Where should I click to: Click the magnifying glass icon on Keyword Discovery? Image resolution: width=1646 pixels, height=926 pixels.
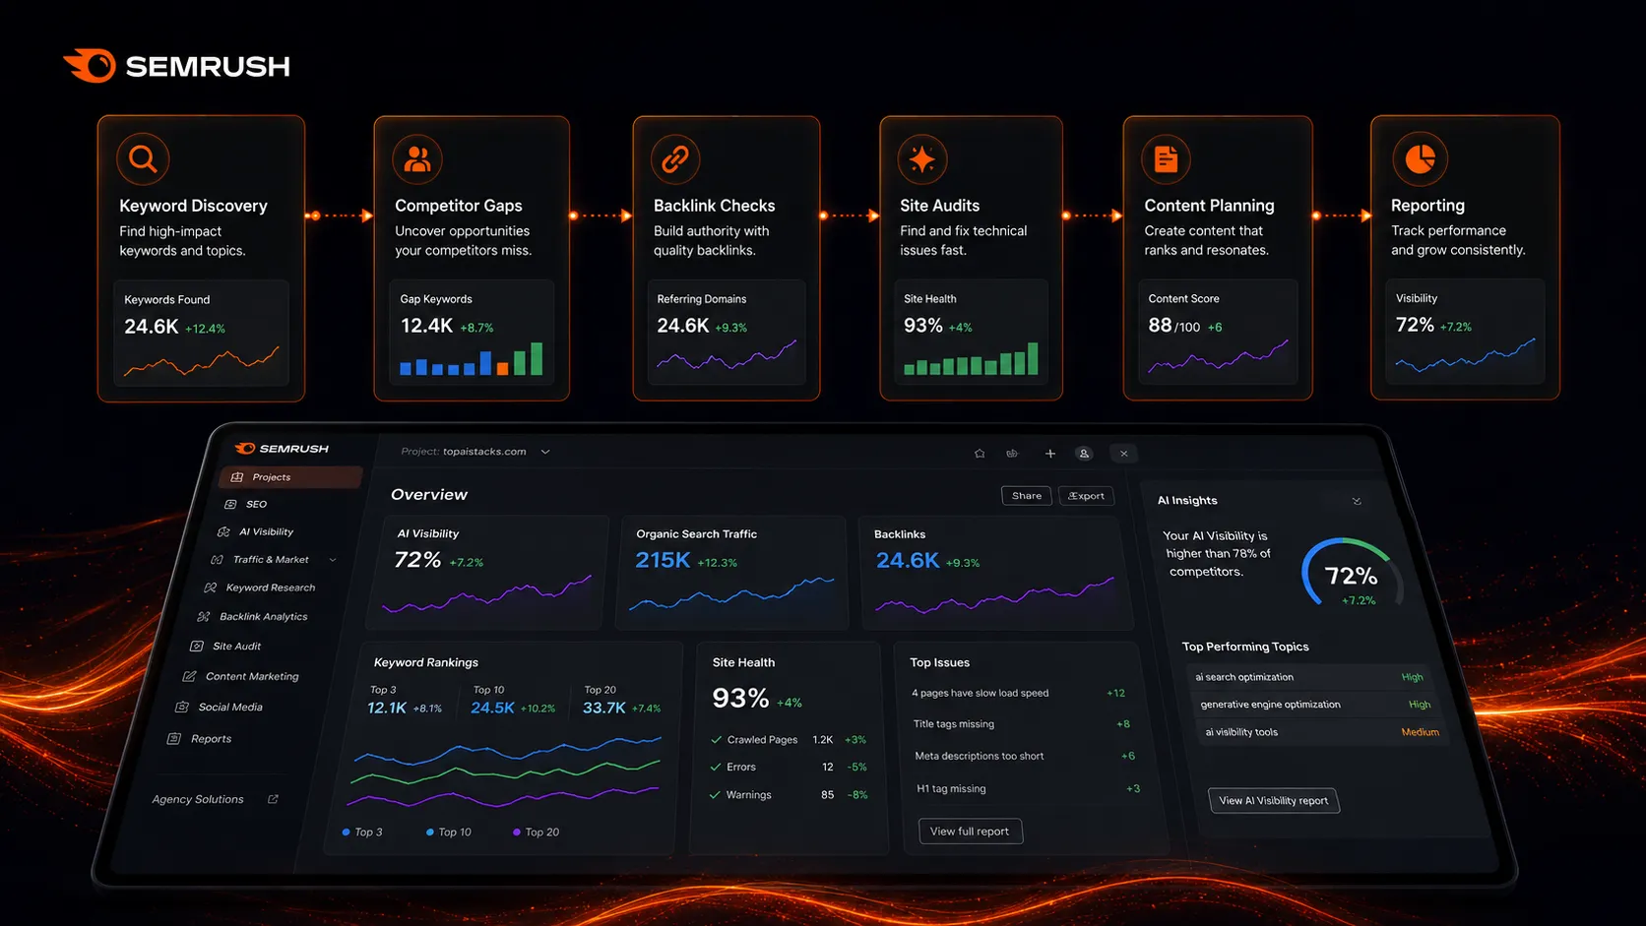tap(143, 158)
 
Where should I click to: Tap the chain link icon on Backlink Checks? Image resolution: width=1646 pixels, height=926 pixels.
tap(674, 158)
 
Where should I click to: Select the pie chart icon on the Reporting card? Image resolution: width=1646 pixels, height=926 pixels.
tap(1420, 158)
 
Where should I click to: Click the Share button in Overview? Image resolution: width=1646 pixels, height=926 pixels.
tap(1026, 496)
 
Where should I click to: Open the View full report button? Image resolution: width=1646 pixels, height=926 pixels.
tap(970, 832)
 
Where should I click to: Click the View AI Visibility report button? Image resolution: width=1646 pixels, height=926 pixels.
tap(1274, 800)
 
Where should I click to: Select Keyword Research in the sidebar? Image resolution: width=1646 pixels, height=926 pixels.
tap(271, 587)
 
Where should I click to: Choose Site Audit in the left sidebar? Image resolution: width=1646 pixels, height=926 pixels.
tap(236, 647)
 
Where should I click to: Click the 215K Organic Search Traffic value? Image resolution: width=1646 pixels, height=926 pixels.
tap(663, 560)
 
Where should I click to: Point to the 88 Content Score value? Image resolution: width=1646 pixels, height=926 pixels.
tap(1160, 326)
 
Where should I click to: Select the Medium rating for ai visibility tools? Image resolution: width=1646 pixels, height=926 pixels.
tap(1420, 732)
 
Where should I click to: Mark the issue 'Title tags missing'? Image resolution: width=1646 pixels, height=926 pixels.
tap(953, 724)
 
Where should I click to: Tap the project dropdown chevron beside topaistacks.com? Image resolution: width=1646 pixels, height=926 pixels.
tap(545, 452)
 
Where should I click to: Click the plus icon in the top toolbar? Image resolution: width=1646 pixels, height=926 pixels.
tap(1050, 454)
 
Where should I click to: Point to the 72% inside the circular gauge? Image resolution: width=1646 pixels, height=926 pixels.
tap(1351, 576)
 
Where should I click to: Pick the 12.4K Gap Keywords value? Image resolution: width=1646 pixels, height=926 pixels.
tap(426, 326)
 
